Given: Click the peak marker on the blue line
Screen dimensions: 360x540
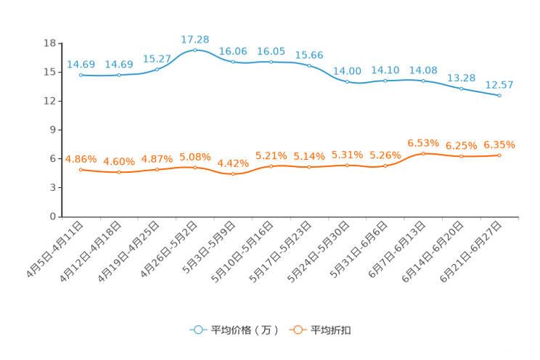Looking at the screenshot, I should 195,49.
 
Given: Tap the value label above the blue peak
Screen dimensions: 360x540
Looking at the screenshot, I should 195,38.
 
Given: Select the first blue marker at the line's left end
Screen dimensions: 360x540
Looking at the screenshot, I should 81,75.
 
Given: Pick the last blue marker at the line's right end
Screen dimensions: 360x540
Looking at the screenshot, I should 499,95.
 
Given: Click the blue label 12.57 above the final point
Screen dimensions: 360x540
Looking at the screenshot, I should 499,85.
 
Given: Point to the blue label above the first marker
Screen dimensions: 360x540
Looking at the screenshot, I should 81,64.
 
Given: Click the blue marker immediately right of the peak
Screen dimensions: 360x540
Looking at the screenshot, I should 233,62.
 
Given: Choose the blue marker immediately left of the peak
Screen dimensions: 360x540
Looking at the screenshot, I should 157,68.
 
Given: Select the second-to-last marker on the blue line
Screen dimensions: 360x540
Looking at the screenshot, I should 461,88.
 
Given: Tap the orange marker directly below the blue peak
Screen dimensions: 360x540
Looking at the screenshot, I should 195,167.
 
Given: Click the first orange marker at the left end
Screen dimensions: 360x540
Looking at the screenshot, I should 81,169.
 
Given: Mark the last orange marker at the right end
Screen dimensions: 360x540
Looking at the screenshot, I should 499,155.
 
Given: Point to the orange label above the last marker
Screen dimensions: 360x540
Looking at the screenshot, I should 499,145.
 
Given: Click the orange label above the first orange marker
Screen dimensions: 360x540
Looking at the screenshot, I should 81,158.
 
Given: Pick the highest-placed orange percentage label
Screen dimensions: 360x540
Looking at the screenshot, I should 423,142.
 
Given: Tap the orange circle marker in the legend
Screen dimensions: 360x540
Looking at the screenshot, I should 298,330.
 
